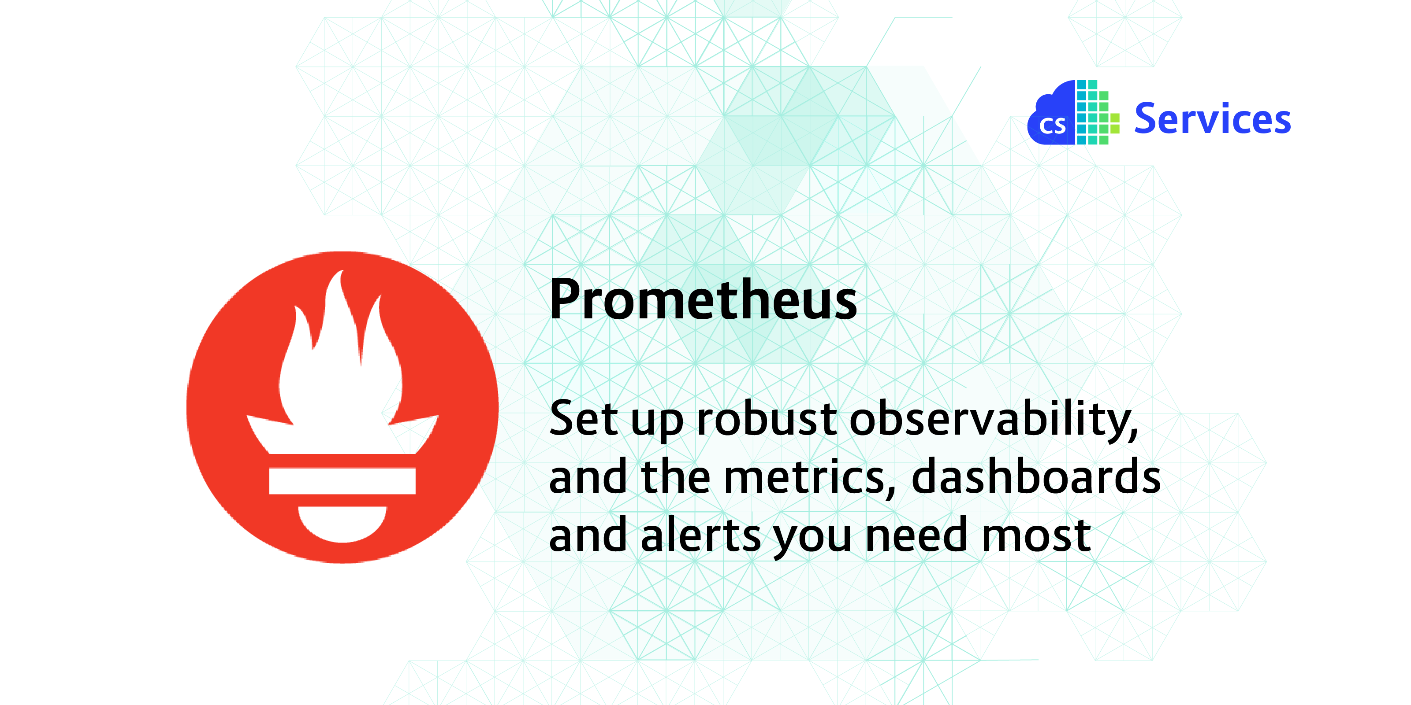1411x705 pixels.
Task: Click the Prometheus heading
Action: click(x=703, y=300)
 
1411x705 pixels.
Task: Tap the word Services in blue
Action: click(x=1212, y=119)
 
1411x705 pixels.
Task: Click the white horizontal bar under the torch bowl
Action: click(x=343, y=481)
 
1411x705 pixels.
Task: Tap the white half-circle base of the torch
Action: click(x=343, y=523)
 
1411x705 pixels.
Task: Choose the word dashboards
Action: click(x=1035, y=476)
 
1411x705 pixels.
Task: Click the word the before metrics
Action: click(x=676, y=476)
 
